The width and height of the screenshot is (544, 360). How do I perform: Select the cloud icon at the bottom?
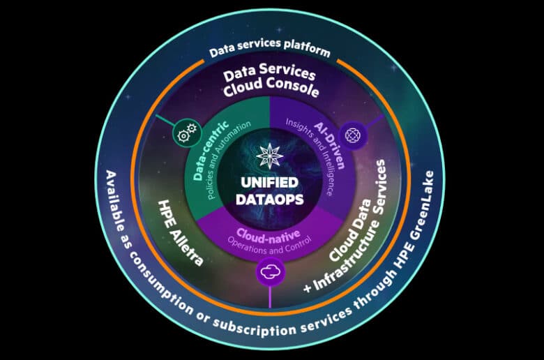pos(270,272)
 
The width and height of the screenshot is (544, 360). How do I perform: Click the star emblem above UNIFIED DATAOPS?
pos(270,156)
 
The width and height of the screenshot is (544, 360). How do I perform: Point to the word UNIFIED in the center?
pos(270,183)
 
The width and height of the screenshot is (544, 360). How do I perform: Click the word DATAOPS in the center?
pos(270,200)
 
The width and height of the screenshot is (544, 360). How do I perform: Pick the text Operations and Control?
pos(270,246)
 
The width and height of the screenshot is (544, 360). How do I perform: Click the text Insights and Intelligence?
pos(310,157)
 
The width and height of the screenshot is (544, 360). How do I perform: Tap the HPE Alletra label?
pos(181,232)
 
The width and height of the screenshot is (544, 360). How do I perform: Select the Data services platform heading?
pos(270,48)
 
